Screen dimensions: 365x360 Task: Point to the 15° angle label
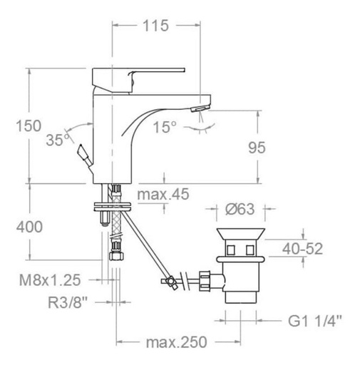coord(165,127)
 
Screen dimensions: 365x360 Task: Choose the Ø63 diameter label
coord(240,210)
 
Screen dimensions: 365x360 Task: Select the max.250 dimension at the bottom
coord(171,344)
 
